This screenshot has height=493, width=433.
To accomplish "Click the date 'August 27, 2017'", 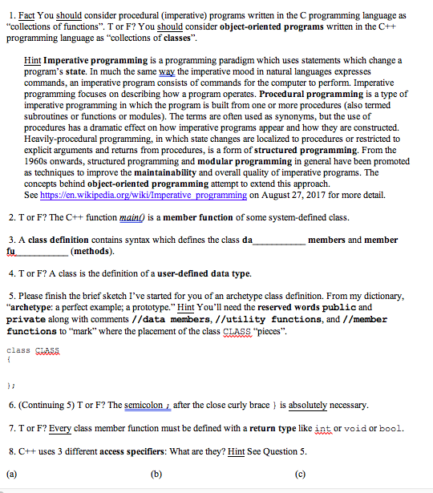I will point(285,195).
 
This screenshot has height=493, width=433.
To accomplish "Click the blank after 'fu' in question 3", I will point(47,251).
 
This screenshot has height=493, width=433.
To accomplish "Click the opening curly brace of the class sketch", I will point(8,360).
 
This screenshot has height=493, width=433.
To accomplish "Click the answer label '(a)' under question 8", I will point(11,473).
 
